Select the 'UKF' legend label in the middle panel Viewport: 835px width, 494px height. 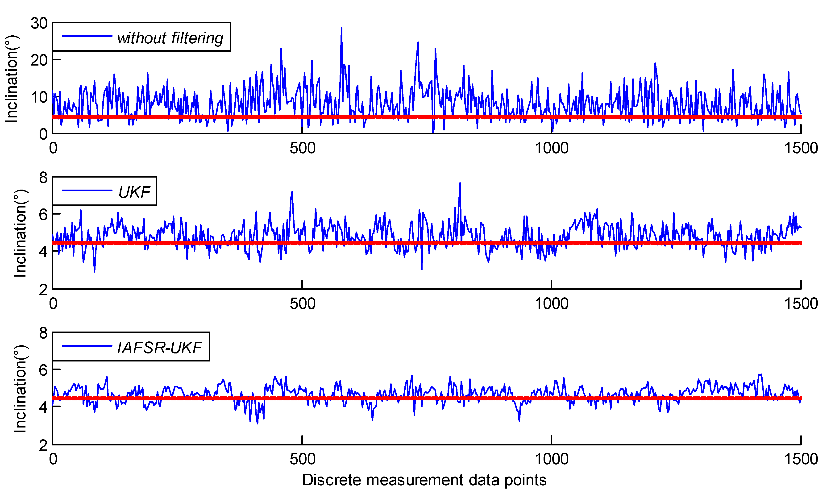(134, 192)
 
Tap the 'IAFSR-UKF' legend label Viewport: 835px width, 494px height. (160, 348)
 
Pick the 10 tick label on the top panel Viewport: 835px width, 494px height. (39, 98)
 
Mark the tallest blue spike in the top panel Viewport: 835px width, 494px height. (341, 28)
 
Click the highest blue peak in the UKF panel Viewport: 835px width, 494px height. (460, 183)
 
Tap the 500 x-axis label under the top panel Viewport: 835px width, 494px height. (302, 148)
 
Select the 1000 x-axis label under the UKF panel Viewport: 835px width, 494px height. (552, 303)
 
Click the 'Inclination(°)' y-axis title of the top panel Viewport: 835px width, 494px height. (12, 79)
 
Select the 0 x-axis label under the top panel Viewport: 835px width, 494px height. (53, 148)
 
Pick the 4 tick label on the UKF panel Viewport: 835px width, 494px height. (43, 252)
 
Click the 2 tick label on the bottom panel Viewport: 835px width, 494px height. (43, 445)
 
